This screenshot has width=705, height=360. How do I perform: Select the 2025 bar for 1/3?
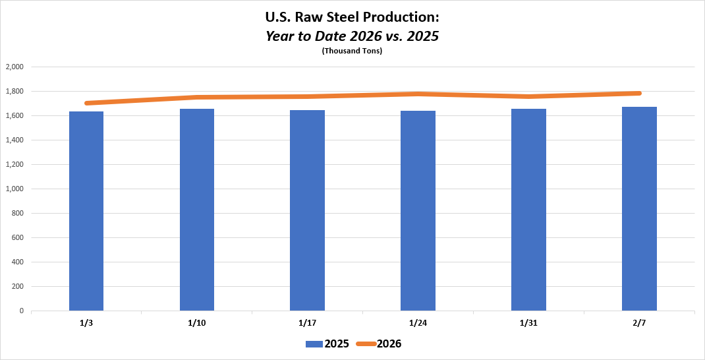86,211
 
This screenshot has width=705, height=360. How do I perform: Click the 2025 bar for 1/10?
197,210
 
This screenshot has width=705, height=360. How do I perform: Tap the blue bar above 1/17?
307,210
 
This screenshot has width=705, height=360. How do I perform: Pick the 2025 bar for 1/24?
418,211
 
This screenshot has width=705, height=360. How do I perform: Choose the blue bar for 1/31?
528,210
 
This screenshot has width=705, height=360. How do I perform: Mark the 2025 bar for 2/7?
639,208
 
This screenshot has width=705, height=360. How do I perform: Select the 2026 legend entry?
379,344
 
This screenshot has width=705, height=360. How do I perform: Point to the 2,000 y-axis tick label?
14,67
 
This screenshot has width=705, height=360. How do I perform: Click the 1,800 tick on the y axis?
14,91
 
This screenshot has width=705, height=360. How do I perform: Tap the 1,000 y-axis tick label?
14,189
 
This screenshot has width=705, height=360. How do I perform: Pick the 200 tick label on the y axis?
17,286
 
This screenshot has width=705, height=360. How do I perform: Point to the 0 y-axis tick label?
22,311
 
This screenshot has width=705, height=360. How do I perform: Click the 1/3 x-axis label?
86,322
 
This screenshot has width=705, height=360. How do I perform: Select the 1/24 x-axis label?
418,322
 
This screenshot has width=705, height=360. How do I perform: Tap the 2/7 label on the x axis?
639,322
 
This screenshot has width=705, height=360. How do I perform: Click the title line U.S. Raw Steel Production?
352,18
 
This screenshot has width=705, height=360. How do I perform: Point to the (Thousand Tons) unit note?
352,51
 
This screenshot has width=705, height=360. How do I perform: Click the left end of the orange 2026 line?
87,103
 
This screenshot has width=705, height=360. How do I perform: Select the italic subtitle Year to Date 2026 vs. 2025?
352,36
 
